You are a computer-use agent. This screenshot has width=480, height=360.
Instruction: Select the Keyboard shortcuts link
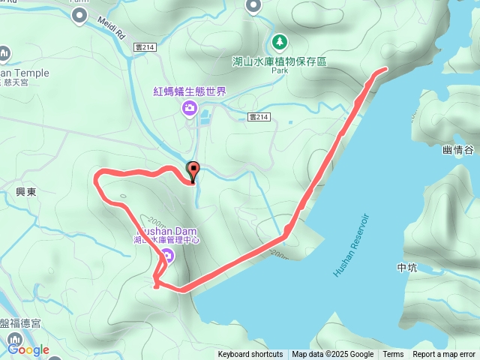(x=250, y=355)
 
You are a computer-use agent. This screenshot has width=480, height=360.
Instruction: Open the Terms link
(x=393, y=355)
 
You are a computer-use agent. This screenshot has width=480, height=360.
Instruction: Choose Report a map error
(x=444, y=355)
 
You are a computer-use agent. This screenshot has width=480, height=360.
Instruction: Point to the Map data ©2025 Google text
(x=332, y=355)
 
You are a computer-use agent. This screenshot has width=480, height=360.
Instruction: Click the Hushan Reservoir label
(x=352, y=244)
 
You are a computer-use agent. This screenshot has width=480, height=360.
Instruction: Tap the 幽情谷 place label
(x=458, y=150)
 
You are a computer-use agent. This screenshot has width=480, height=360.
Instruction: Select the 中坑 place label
(x=408, y=267)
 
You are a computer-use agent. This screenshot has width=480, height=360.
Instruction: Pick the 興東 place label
(x=26, y=192)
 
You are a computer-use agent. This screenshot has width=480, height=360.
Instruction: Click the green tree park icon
(x=279, y=40)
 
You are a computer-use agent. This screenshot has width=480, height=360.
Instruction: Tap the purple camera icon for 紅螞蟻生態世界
(x=190, y=109)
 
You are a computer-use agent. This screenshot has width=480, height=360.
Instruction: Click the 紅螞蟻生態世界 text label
(x=190, y=91)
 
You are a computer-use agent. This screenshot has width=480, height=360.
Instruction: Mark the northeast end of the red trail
(x=385, y=69)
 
